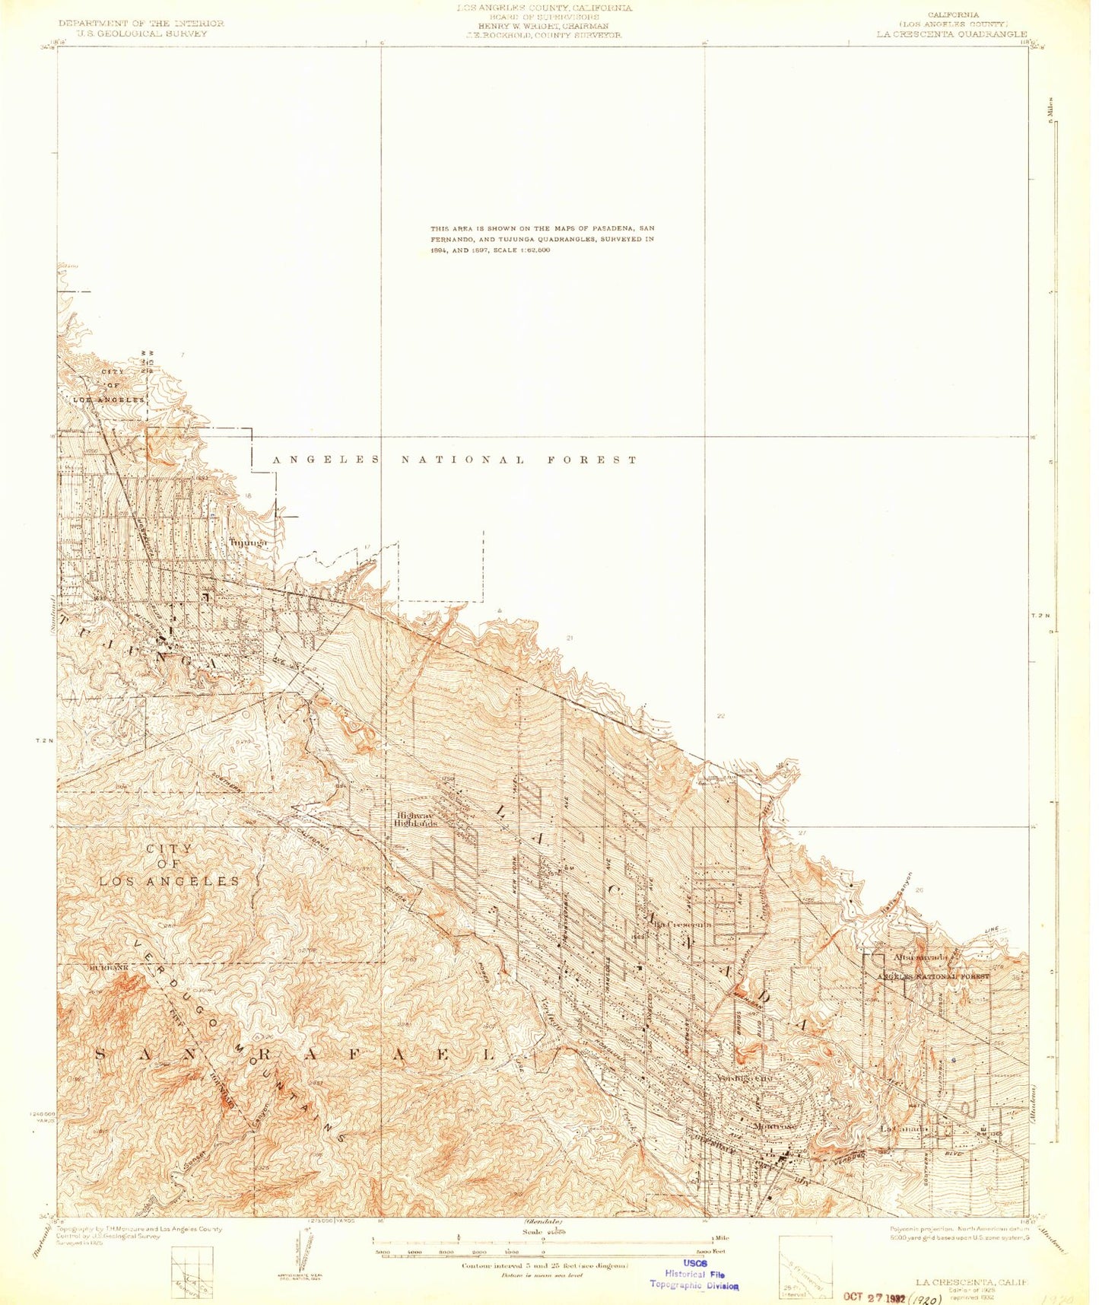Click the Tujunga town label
(249, 543)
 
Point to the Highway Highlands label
(416, 820)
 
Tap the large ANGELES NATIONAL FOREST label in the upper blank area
(455, 460)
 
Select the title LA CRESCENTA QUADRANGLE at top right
(951, 34)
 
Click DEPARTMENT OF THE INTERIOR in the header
(141, 24)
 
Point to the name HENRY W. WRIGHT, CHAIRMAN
(543, 26)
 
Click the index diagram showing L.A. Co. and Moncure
(192, 1270)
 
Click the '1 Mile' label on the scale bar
(719, 1238)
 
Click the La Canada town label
(904, 1128)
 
